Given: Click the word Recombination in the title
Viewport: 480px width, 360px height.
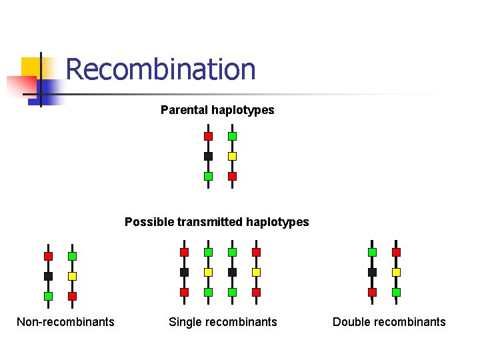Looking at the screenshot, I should coord(161,69).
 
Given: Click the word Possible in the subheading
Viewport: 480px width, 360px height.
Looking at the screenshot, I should coord(148,222).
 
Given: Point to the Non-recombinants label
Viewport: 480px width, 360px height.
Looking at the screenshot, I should coord(65,322).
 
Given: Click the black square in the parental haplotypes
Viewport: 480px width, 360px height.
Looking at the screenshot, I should coord(208,156).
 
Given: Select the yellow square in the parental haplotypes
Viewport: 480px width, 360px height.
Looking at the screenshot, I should coord(232,156).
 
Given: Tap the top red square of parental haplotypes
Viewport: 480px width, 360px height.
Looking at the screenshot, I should coord(208,136).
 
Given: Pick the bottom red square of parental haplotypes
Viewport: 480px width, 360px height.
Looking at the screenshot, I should coord(232,176).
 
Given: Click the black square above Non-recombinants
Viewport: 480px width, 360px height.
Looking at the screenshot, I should coord(48,276).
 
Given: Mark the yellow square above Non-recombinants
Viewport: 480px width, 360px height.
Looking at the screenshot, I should coord(72,276).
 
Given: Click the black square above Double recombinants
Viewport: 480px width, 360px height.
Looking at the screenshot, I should coord(372,272).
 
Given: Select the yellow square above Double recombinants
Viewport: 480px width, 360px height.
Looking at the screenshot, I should coord(396,272).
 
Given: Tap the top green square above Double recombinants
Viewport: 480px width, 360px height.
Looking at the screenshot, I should coord(372,252).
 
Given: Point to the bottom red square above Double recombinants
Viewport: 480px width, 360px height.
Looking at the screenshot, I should coord(372,292).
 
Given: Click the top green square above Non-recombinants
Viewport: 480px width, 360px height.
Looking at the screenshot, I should coord(72,256).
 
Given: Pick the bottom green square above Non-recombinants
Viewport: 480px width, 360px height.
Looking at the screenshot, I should coord(48,296).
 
